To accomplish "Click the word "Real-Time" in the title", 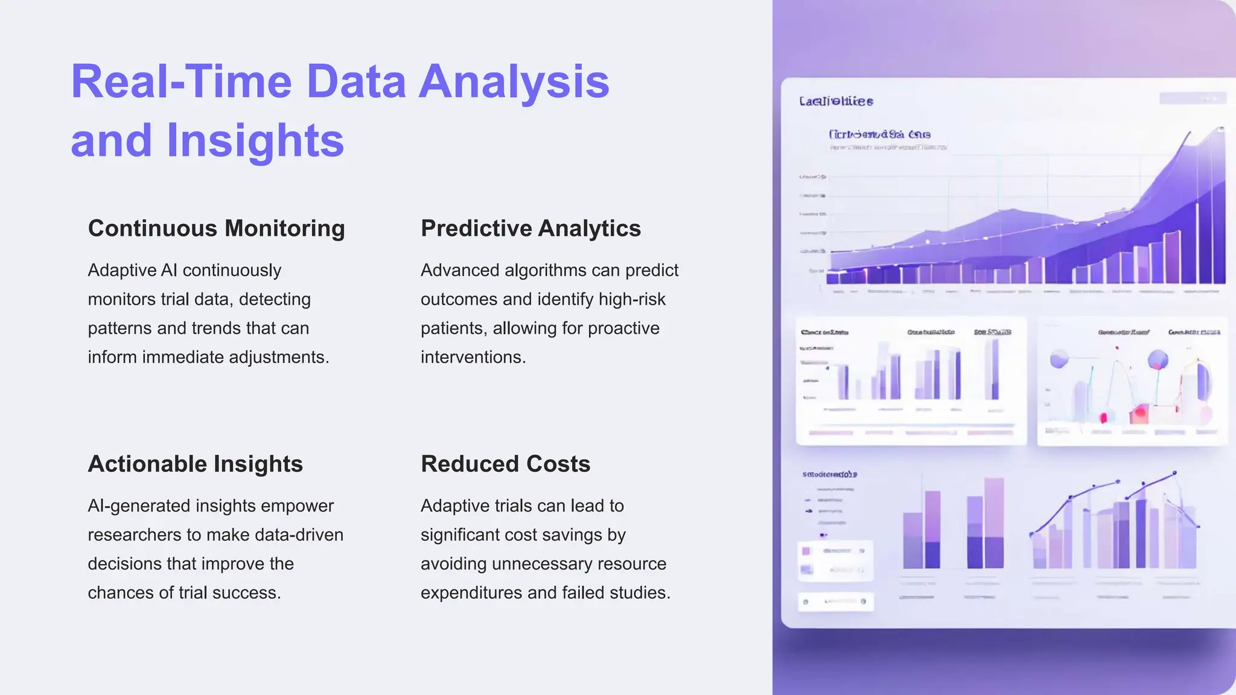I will click(x=182, y=81).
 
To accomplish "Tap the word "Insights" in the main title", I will click(x=255, y=141).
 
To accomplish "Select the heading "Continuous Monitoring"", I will click(x=216, y=229).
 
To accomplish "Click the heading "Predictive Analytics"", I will click(x=530, y=229).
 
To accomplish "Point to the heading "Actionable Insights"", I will click(x=195, y=464).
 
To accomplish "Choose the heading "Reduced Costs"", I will click(x=505, y=464).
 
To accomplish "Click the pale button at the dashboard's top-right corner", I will click(x=1192, y=98).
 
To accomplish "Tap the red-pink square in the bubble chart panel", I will click(x=1139, y=414).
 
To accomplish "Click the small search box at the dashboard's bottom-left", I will click(x=836, y=601).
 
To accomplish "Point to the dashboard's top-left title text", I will click(x=836, y=101).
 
